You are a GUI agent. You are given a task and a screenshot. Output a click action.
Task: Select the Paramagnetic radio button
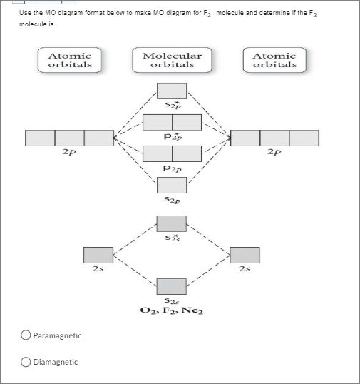click(26, 335)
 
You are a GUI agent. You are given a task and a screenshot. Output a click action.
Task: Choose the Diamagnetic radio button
click(26, 362)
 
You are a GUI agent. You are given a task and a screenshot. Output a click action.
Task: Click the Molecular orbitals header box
click(172, 60)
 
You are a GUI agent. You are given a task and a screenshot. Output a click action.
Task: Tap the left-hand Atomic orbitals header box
click(69, 60)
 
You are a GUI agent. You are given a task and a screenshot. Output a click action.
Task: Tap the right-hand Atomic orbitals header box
click(274, 60)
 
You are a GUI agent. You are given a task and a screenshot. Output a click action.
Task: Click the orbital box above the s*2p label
click(172, 91)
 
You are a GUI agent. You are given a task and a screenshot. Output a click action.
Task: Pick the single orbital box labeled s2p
click(172, 185)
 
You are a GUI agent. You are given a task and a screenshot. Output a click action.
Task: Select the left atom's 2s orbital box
click(98, 255)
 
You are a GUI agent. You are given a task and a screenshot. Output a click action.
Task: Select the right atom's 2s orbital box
click(245, 255)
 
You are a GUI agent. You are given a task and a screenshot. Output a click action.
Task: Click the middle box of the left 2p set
click(69, 138)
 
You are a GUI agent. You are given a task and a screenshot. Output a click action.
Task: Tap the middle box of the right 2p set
click(274, 138)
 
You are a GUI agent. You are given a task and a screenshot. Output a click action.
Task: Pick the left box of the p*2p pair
click(158, 122)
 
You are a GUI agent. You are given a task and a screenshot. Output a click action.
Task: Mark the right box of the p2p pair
click(187, 153)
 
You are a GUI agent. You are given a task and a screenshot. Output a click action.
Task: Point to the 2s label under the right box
click(245, 269)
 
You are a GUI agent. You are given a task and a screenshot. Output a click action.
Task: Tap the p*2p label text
click(172, 137)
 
